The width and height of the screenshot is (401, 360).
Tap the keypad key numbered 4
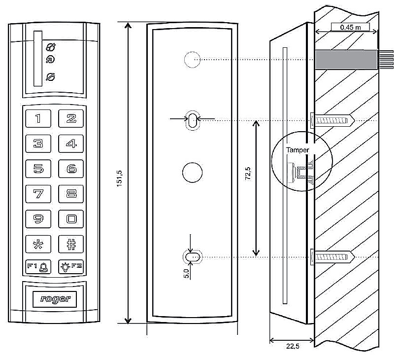coord(71,144)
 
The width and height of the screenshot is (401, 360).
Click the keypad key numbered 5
coord(38,169)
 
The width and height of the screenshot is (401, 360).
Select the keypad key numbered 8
coord(71,193)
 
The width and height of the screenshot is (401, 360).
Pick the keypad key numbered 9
coord(38,218)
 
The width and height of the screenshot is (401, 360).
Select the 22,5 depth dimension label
coord(292,347)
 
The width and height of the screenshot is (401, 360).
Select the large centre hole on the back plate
coord(192,173)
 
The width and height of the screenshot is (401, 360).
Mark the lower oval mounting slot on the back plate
coord(192,257)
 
